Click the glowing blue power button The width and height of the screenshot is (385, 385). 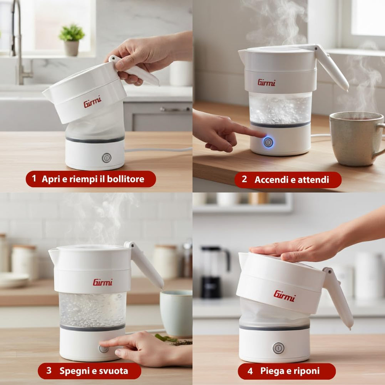[268, 142]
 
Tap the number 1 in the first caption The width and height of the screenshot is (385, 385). [34, 179]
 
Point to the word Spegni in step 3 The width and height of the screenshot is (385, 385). [74, 371]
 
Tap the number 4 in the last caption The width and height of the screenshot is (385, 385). [250, 371]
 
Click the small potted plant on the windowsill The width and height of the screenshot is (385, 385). [72, 40]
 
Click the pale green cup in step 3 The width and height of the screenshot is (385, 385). [176, 313]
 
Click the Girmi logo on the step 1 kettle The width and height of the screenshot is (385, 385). [92, 102]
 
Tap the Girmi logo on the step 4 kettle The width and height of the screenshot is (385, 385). [285, 296]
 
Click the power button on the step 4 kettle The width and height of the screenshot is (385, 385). [278, 348]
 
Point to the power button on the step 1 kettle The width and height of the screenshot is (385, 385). [107, 158]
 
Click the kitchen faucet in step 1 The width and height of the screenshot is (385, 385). [20, 42]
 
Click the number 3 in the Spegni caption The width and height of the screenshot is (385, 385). [49, 370]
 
